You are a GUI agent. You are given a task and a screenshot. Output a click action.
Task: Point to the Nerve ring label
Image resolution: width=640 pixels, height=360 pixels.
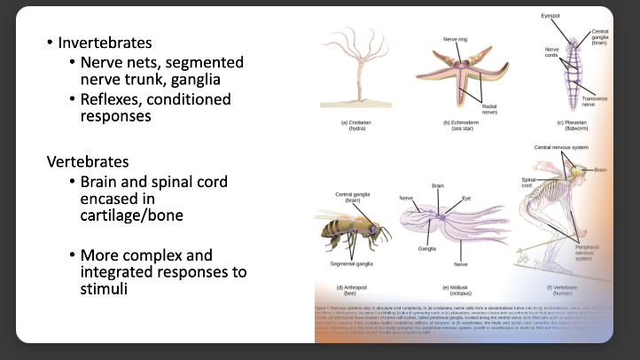pyautogui.click(x=456, y=40)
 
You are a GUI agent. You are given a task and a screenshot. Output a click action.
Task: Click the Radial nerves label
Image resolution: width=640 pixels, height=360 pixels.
pyautogui.click(x=488, y=107)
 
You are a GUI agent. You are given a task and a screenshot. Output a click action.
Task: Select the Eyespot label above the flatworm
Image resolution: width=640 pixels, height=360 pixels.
pyautogui.click(x=551, y=15)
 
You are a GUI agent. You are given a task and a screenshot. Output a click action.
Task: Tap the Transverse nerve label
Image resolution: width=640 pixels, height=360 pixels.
pyautogui.click(x=597, y=101)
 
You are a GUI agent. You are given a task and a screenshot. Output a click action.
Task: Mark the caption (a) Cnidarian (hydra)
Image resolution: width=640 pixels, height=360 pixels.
pyautogui.click(x=356, y=125)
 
